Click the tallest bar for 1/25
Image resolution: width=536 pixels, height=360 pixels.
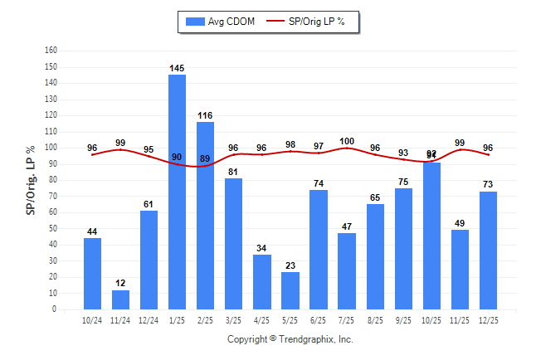[x=177, y=192]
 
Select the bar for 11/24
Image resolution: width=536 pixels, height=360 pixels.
[x=120, y=299]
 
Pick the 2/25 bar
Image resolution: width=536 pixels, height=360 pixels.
[x=205, y=216]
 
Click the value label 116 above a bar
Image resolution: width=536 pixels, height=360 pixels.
[x=205, y=115]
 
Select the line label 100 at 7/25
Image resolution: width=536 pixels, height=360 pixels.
[x=346, y=141]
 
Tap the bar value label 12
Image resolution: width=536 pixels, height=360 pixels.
[x=120, y=284]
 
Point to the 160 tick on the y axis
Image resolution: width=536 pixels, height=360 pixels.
[x=51, y=50]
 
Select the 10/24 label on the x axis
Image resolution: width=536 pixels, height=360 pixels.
[x=92, y=319]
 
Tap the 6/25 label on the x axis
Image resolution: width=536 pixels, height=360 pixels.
[x=318, y=319]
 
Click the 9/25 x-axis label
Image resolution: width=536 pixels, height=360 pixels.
[x=402, y=319]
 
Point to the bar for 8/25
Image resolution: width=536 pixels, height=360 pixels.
[x=375, y=256]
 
